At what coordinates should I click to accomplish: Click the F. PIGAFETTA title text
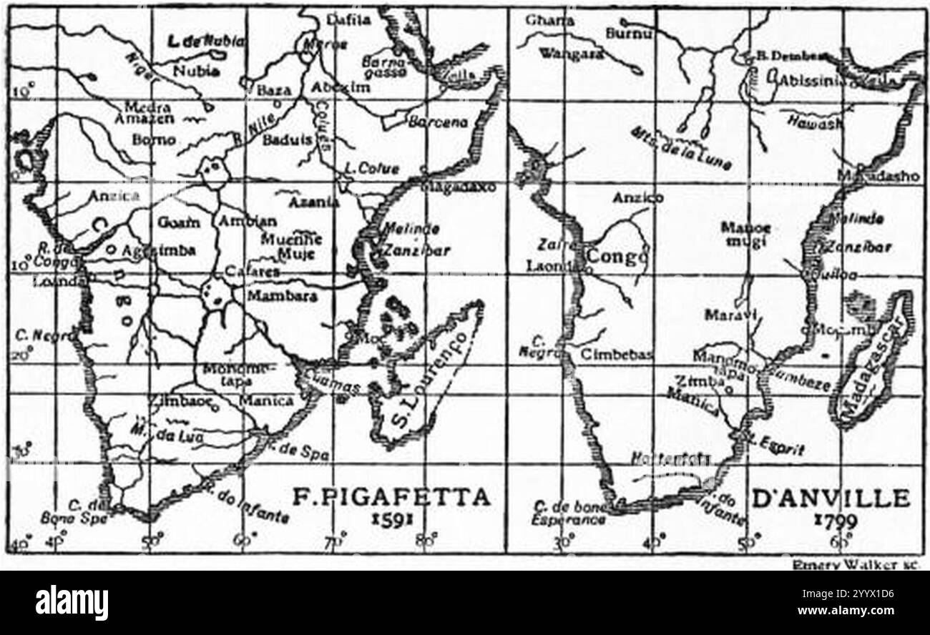tap(391, 496)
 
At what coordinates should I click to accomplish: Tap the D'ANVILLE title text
tap(830, 498)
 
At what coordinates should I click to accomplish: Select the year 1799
tap(835, 521)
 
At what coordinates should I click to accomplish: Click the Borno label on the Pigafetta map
tap(154, 139)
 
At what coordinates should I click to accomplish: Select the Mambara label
tap(282, 295)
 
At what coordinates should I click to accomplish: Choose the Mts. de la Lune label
tap(680, 148)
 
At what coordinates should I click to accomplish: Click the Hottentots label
tap(670, 458)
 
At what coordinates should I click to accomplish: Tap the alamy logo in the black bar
tap(72, 602)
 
